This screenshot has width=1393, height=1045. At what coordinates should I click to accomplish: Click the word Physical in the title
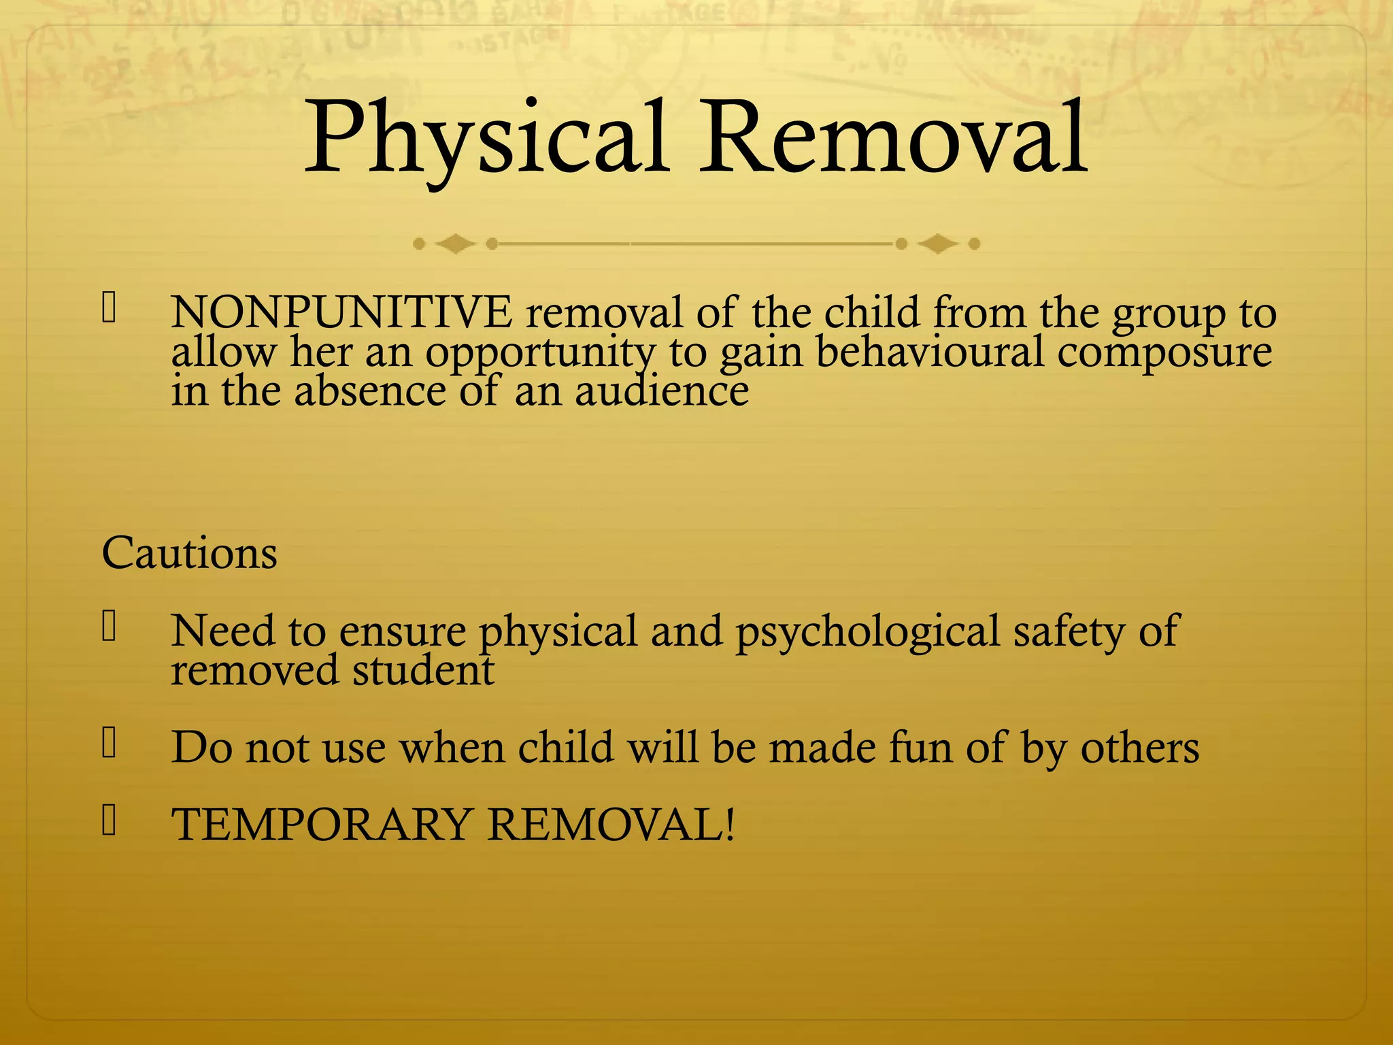point(484,139)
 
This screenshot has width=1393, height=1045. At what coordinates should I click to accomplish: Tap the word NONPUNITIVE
point(341,313)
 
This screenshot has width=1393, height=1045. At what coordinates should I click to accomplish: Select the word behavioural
point(929,352)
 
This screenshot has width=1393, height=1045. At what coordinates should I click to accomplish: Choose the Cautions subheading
point(190,552)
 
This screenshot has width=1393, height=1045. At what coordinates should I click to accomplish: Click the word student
point(423,670)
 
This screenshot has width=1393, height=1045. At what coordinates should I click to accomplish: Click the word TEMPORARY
point(322,825)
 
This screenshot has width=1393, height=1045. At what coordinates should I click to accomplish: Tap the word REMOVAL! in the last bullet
point(611,825)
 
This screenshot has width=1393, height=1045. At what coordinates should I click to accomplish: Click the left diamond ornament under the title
point(455,244)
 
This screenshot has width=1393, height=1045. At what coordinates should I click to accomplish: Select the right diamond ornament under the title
point(938,244)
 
